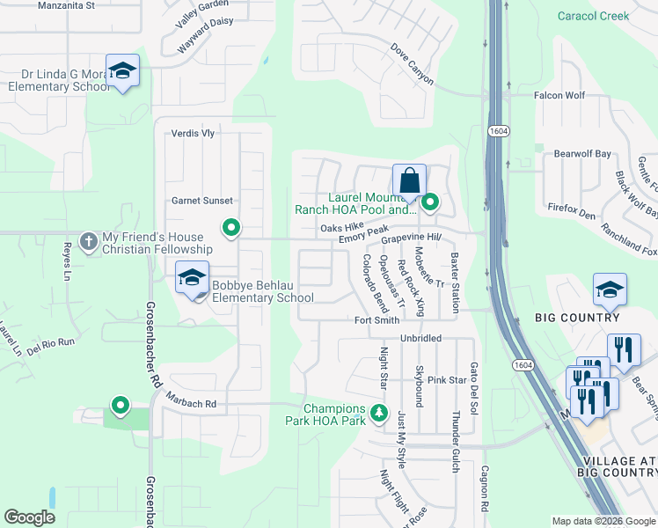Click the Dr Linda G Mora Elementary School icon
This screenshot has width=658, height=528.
coord(122,70)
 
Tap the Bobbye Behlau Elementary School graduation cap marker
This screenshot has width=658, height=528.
coord(190,278)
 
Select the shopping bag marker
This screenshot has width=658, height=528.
coord(409,181)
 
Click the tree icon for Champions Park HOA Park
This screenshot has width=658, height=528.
coord(378,413)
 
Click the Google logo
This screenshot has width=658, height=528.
coord(29,517)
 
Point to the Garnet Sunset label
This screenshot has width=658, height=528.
coord(201,201)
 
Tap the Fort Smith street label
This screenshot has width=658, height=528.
coord(377,321)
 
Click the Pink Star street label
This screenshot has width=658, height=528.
coord(446,380)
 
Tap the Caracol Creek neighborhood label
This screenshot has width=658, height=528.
coord(594,16)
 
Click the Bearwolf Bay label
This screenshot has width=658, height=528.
coord(581,154)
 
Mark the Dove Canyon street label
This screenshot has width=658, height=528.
coord(412,64)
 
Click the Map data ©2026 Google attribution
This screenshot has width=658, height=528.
coord(603,521)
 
